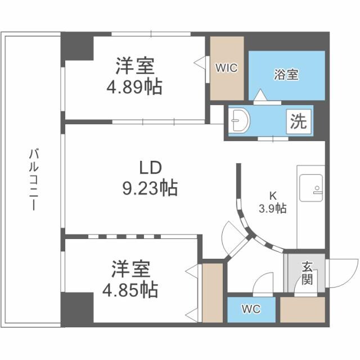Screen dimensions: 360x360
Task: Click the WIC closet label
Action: pyautogui.click(x=227, y=67)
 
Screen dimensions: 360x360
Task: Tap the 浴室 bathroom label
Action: pyautogui.click(x=286, y=74)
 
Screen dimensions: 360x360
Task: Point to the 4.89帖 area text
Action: pyautogui.click(x=135, y=87)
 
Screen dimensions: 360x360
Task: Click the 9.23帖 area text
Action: pyautogui.click(x=150, y=188)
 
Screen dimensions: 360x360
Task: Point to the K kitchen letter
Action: pyautogui.click(x=273, y=196)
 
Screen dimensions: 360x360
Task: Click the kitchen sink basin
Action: pyautogui.click(x=310, y=187)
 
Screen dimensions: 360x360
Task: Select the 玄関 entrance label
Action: pyautogui.click(x=306, y=273)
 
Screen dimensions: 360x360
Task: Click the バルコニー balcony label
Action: pyautogui.click(x=33, y=178)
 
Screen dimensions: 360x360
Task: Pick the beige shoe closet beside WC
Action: pyautogui.click(x=303, y=310)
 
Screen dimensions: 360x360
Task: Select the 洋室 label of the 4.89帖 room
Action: pyautogui.click(x=135, y=66)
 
